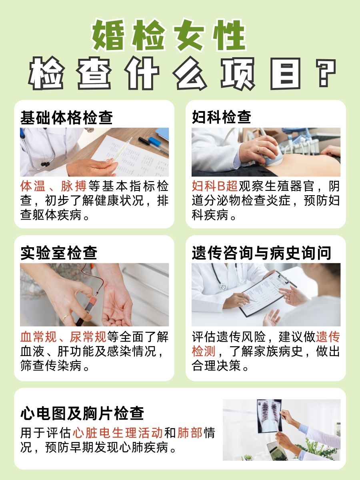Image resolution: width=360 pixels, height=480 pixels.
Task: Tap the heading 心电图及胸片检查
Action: point(82,413)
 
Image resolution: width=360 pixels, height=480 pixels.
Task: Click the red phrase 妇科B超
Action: point(215,186)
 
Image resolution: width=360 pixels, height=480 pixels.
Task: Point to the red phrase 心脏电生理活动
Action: point(118,433)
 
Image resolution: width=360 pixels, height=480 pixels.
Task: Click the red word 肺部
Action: point(190,433)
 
